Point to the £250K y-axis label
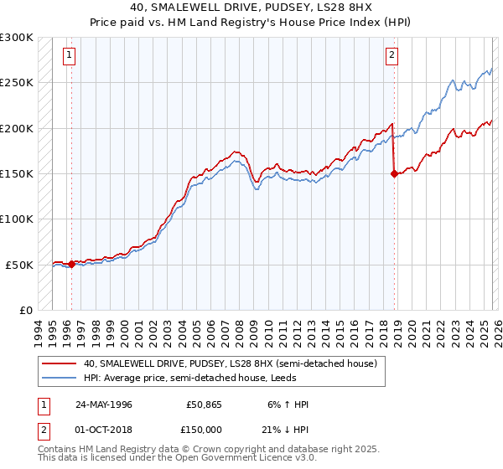[17, 83]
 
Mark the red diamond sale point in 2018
[394, 174]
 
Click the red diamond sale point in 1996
[72, 264]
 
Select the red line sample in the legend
[60, 364]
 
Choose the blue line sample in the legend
[60, 378]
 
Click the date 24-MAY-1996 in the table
[103, 405]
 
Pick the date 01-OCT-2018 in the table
[103, 428]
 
